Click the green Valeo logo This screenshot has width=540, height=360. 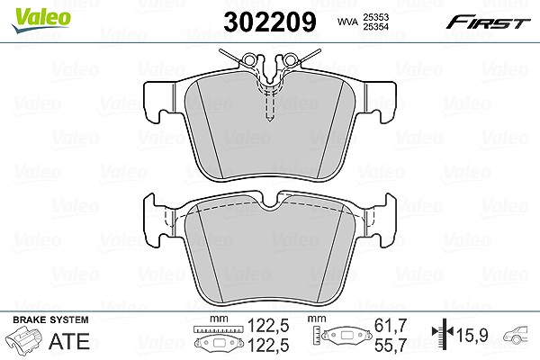tap(41, 20)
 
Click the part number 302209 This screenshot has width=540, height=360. tap(270, 22)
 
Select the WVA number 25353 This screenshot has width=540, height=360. tap(376, 17)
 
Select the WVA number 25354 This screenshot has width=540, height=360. tap(376, 27)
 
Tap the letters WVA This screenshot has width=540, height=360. tap(348, 22)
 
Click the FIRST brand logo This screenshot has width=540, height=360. tap(488, 22)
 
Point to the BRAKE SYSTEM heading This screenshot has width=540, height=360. tap(50, 319)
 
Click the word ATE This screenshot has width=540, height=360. tap(69, 341)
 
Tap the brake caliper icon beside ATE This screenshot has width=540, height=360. tap(24, 339)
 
